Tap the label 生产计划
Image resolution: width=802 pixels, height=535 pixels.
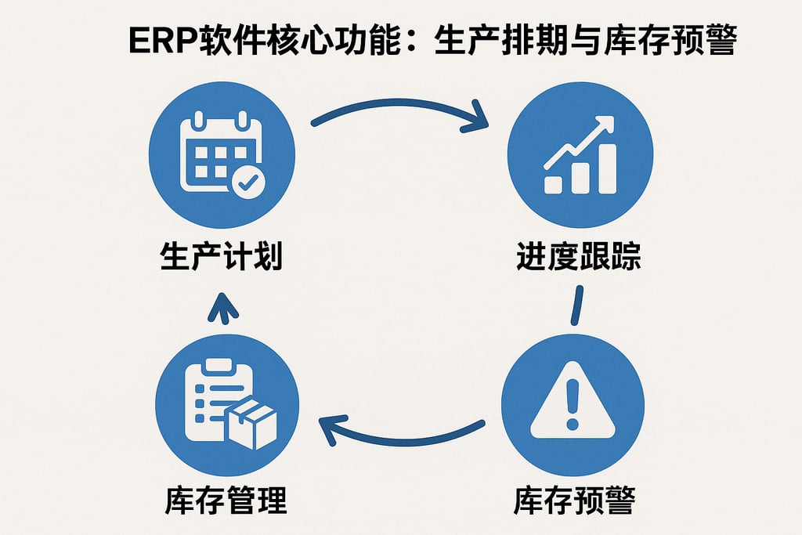tap(221, 256)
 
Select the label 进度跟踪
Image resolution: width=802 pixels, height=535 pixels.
tap(579, 256)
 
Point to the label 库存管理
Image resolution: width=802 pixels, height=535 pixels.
tap(226, 500)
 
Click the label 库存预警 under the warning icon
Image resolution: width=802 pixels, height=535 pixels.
tap(574, 500)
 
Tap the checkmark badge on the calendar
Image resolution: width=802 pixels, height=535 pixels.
tap(248, 183)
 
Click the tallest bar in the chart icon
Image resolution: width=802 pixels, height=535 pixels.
tap(606, 168)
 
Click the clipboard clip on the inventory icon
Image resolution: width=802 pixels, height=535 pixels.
tap(211, 366)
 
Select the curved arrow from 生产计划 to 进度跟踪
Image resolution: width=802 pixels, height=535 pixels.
tap(399, 107)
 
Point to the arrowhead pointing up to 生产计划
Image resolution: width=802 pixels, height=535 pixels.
tap(223, 306)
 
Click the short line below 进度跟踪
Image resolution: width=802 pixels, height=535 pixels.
tap(577, 305)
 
